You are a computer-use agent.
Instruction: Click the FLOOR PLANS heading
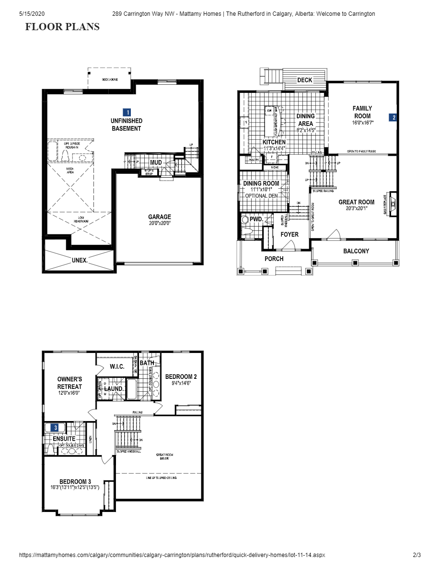[62, 27]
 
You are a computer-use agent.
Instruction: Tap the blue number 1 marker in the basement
[127, 112]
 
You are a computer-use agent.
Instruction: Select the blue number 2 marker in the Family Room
[393, 117]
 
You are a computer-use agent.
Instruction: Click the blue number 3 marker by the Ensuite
[56, 427]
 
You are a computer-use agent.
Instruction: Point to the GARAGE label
[159, 217]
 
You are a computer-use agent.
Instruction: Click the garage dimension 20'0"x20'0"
[159, 223]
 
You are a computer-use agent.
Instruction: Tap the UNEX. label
[80, 260]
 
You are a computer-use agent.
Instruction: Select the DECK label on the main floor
[305, 80]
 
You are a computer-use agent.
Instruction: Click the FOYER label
[289, 234]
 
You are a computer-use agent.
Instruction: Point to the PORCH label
[274, 259]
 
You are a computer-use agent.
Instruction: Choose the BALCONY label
[356, 251]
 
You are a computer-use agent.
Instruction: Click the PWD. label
[257, 219]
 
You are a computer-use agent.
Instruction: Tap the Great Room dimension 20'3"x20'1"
[356, 208]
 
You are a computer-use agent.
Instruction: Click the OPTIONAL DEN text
[261, 196]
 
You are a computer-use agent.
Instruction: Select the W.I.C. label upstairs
[117, 367]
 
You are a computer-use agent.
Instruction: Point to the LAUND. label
[115, 389]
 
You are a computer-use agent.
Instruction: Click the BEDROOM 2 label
[181, 376]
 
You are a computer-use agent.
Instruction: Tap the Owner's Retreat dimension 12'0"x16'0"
[69, 393]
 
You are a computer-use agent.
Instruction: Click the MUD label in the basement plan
[155, 162]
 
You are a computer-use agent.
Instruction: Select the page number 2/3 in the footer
[417, 555]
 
